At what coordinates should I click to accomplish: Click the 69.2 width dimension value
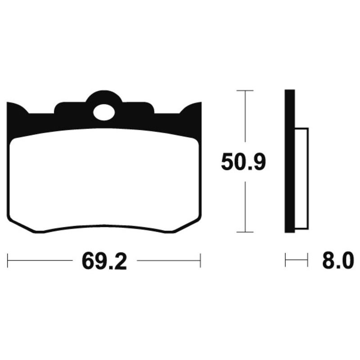(x=104, y=261)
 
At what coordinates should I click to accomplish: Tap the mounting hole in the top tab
(x=104, y=112)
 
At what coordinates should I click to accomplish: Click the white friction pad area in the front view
(x=104, y=180)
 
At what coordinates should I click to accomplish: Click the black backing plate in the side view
(x=289, y=162)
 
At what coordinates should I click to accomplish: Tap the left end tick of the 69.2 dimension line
(x=8, y=260)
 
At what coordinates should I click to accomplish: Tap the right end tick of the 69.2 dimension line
(x=200, y=260)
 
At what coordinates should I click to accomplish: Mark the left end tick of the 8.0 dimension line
(x=286, y=260)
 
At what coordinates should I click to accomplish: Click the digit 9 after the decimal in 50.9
(x=259, y=162)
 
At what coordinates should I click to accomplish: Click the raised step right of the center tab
(x=140, y=108)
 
